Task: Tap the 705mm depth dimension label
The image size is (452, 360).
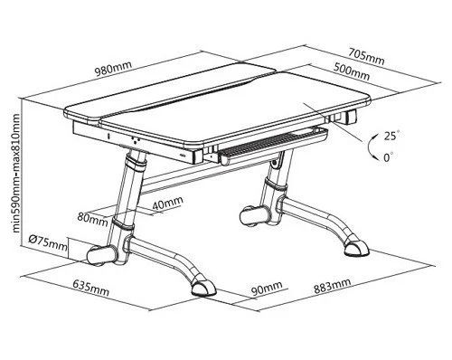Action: point(366,57)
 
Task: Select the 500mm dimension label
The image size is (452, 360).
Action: point(352,71)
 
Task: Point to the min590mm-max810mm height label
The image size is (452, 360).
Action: point(16,173)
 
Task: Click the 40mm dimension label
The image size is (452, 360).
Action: point(167,203)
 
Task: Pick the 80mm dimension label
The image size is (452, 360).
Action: point(92,219)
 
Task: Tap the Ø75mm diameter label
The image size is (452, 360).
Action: point(48,243)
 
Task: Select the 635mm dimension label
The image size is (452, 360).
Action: point(91,288)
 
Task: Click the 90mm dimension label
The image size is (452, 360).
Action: point(267,289)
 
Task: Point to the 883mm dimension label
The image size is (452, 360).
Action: point(333,286)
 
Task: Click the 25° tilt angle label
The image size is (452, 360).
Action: point(391,136)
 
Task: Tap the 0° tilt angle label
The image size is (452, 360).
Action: point(389,157)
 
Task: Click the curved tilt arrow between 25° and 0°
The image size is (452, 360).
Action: point(371,147)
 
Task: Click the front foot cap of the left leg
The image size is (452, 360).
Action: point(203,289)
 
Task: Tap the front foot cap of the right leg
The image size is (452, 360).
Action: point(357,249)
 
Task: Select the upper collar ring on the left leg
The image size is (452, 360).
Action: point(135,162)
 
